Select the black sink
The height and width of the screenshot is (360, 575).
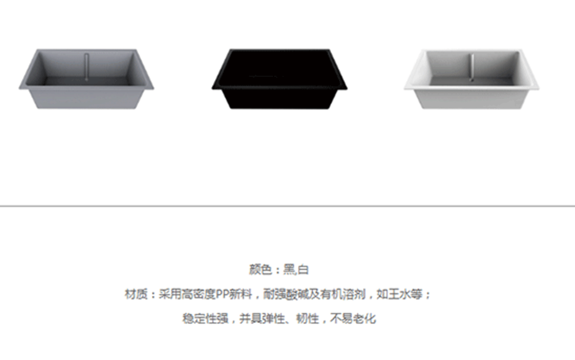point(279,79)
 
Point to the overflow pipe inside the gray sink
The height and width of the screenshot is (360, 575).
point(87,67)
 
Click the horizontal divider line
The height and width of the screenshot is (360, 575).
point(287,206)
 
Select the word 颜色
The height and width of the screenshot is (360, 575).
point(260,270)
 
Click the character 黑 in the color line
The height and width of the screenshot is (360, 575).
point(290,270)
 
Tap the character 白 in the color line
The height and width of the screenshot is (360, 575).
point(303,270)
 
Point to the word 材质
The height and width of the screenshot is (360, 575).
point(136,294)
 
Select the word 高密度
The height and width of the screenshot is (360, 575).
point(198,294)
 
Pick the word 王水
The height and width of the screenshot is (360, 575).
point(399,294)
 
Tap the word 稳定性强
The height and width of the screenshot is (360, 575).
point(205,319)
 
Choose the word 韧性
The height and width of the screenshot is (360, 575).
point(308,319)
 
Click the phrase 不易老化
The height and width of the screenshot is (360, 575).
point(353,319)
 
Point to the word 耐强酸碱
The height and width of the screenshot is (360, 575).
point(286,294)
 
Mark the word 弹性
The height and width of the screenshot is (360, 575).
point(274,319)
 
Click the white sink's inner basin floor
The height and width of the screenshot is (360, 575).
point(471,81)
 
